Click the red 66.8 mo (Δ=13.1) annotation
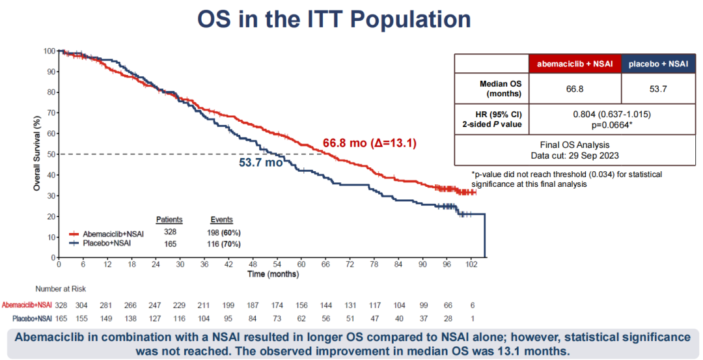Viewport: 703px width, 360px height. pos(370,143)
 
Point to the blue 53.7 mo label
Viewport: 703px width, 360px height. pos(260,163)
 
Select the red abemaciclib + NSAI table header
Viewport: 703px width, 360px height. pos(575,63)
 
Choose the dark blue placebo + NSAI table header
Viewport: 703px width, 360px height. pos(656,63)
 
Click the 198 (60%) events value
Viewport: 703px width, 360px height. pos(222,233)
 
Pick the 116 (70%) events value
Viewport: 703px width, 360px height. pos(222,244)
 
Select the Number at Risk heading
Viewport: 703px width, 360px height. pos(60,288)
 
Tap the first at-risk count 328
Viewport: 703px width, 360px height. pos(60,305)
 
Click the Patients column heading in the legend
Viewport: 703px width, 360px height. pos(169,220)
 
